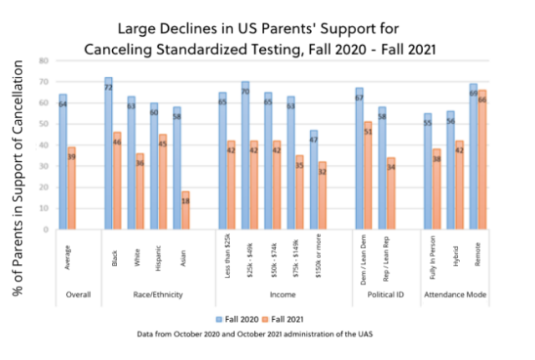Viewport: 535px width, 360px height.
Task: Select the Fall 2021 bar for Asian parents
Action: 186,210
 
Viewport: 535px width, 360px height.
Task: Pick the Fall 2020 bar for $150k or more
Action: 313,180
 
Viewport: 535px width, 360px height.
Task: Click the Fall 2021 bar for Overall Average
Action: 72,188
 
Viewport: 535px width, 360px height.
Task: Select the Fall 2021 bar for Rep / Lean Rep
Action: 391,193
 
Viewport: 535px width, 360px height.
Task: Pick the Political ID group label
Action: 375,295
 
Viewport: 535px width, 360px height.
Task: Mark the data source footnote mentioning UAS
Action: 267,334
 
